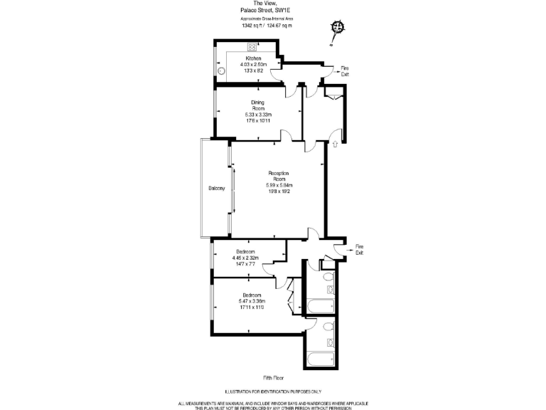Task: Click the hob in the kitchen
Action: [252, 47]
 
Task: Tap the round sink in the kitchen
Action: [222, 71]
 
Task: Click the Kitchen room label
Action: [253, 58]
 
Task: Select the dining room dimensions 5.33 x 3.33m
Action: [258, 115]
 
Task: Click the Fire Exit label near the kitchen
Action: [345, 70]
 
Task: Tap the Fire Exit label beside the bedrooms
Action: [359, 249]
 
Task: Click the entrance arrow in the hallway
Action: [335, 144]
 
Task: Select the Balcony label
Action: [216, 188]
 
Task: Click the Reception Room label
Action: [277, 176]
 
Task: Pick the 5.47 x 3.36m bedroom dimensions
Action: [252, 301]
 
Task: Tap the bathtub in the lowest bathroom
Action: [322, 357]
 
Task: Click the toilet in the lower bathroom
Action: [328, 327]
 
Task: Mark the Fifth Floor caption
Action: [273, 378]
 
